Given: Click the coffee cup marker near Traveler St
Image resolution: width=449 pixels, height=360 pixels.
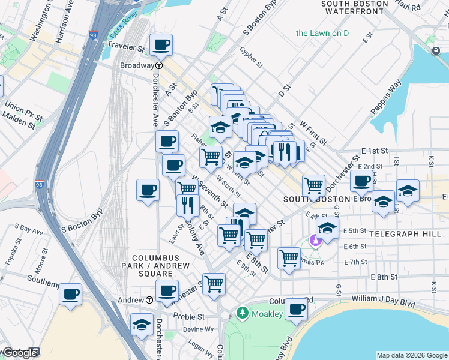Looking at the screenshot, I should point(161,44).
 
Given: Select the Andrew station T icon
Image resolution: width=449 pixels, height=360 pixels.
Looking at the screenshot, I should point(149,300).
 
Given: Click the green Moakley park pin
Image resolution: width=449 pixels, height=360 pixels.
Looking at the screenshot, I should point(242,313).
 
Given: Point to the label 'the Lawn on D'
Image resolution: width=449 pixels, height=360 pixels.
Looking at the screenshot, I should point(322,33).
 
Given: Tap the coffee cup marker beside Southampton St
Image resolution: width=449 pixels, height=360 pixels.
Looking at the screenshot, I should point(71,295).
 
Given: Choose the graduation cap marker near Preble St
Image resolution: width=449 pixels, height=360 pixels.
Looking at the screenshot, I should point(142,325).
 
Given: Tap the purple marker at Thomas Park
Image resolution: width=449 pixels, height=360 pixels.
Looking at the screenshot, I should point(316,241).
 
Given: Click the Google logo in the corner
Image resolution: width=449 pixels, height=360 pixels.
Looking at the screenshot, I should point(19,353).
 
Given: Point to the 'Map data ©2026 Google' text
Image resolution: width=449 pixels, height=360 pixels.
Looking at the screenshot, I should point(412,355).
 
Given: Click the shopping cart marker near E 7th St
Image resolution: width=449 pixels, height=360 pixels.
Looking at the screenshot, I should point(289,259).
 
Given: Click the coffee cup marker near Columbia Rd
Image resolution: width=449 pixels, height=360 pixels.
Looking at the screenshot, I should point(295,310).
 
